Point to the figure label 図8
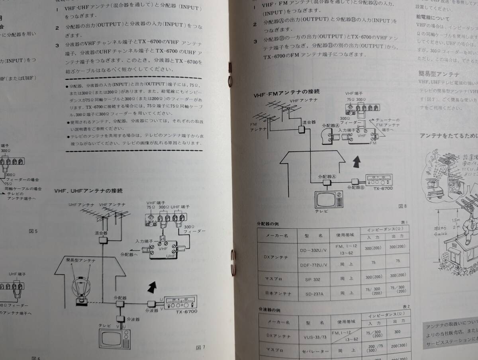coord(402,206)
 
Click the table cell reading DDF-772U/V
coord(313,264)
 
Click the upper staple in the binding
coord(230,74)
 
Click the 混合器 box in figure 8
coord(302,129)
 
